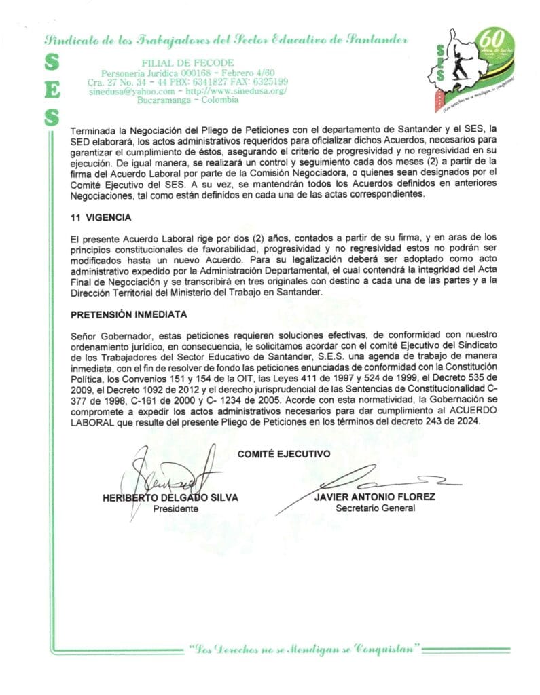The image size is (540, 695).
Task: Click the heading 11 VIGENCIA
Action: pyautogui.click(x=101, y=218)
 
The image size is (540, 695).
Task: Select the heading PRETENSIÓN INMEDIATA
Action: pyautogui.click(x=128, y=315)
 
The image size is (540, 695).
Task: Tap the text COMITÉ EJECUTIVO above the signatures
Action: pyautogui.click(x=284, y=453)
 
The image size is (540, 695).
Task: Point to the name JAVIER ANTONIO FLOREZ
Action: pyautogui.click(x=375, y=497)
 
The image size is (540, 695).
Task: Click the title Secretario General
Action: pyautogui.click(x=375, y=508)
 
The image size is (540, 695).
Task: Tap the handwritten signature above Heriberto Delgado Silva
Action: pyautogui.click(x=173, y=470)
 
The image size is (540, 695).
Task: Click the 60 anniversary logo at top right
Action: pyautogui.click(x=479, y=68)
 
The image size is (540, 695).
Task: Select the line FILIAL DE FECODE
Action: pyautogui.click(x=187, y=62)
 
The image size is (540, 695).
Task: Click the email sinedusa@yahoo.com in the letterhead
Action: pyautogui.click(x=132, y=91)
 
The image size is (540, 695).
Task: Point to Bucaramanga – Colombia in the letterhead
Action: pyautogui.click(x=187, y=100)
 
